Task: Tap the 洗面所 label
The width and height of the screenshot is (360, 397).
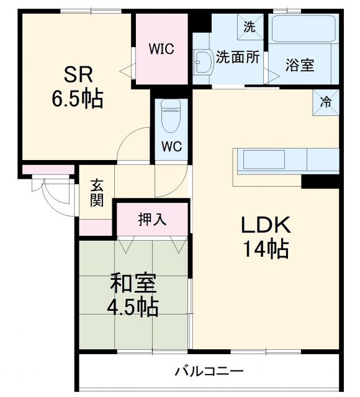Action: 238,57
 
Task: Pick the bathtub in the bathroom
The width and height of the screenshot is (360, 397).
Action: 303,33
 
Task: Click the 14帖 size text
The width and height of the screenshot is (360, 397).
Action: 264,249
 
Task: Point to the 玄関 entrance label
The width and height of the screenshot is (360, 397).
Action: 97,192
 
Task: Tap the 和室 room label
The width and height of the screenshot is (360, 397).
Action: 133,284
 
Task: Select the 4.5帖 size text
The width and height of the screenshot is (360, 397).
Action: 133,306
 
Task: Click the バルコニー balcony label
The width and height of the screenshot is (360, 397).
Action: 209,372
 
